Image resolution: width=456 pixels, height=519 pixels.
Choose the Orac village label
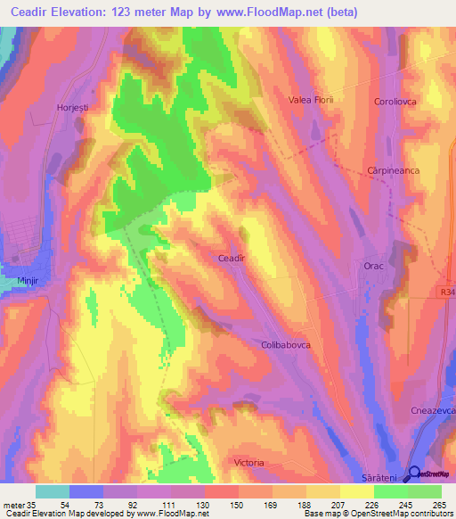[373, 266]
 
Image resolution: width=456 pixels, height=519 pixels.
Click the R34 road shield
[447, 290]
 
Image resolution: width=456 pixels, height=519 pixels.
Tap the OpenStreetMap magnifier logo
[415, 474]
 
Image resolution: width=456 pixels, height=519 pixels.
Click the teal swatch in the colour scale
[53, 491]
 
